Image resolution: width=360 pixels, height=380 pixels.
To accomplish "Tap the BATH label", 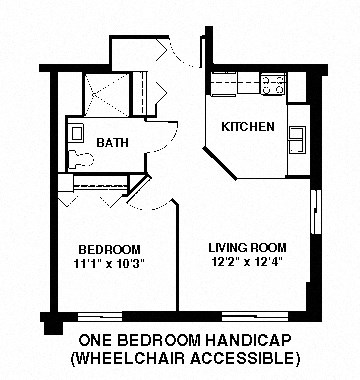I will tap(112, 143).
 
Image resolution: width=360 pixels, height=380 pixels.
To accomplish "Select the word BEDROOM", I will tap(110, 249).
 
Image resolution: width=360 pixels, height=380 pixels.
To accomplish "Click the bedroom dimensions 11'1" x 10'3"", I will tap(110, 264).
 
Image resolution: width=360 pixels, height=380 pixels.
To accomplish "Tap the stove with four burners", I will tap(273, 85).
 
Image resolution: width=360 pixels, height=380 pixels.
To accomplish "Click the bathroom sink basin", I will tap(74, 130).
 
